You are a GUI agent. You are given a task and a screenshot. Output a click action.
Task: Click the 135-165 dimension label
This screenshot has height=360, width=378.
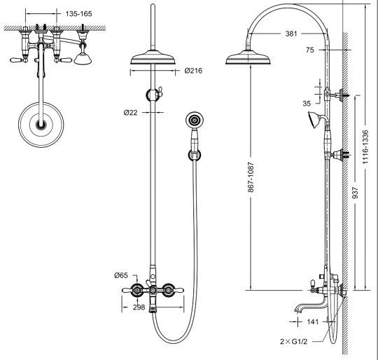tap(78, 14)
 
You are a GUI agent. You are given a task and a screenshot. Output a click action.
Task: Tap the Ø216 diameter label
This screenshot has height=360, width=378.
tap(193, 71)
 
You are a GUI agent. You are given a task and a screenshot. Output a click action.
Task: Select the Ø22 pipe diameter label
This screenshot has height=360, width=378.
tap(130, 112)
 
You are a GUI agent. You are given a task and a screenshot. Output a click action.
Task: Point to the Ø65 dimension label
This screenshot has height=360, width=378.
tap(121, 275)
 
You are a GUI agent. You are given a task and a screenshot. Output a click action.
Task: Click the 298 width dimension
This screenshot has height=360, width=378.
tap(139, 307)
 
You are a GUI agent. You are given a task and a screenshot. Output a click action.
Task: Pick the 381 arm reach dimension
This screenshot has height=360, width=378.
tap(291, 34)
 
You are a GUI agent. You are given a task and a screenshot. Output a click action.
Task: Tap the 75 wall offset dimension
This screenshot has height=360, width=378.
tap(310, 50)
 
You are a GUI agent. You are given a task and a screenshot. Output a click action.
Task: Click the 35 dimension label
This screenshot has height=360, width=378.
tap(307, 104)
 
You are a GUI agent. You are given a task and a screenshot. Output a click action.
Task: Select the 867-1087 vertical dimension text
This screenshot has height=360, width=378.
tap(251, 177)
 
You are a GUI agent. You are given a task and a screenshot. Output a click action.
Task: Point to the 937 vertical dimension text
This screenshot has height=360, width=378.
tap(355, 193)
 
